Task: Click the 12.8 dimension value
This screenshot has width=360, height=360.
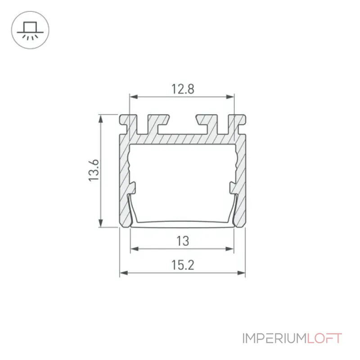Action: [x=183, y=89]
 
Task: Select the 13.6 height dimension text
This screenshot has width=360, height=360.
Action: [x=94, y=170]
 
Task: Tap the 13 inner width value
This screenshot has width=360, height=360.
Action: [x=183, y=241]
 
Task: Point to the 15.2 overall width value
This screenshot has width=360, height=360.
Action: [x=183, y=265]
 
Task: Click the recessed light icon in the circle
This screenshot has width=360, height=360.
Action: [x=30, y=31]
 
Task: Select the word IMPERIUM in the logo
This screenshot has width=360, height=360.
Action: [x=275, y=338]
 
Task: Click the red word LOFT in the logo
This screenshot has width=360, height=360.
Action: [x=324, y=338]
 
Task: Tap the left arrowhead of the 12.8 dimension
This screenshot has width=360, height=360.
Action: [x=134, y=97]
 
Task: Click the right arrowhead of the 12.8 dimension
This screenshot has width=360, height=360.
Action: [x=230, y=97]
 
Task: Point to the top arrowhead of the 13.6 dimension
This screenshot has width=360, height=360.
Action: [x=100, y=119]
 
